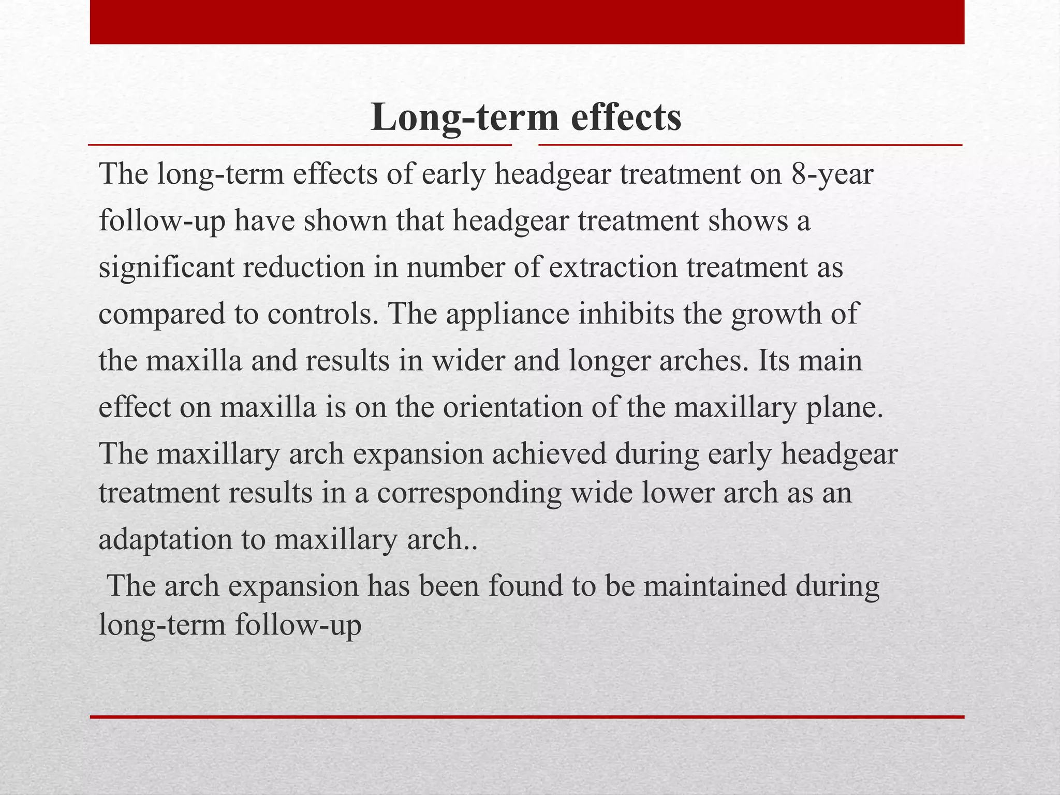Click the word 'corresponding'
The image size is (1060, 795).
tap(469, 493)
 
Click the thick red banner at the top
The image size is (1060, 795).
tap(527, 22)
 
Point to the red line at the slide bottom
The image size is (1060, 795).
tap(527, 717)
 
